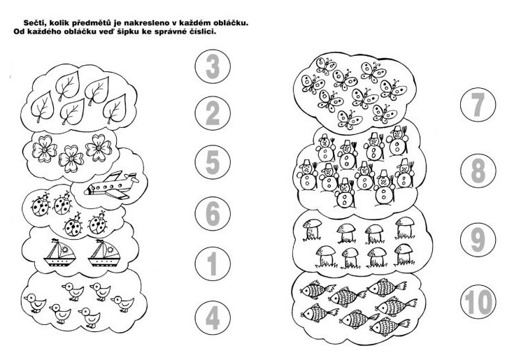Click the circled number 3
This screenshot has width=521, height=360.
[x=213, y=66]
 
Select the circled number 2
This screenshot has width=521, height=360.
[x=213, y=113]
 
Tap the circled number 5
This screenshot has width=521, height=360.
[x=213, y=162]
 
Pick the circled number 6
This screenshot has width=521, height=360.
[x=213, y=213]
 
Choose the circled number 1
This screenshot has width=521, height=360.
[x=213, y=264]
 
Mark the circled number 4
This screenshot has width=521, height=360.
[x=213, y=317]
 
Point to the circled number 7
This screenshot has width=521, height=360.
[x=478, y=105]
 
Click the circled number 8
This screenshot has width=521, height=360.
[x=478, y=171]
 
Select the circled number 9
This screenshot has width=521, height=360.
[x=478, y=240]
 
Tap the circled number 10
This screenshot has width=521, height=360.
[x=478, y=302]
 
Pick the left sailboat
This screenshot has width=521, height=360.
[x=60, y=252]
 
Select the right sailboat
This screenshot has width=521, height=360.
[x=104, y=252]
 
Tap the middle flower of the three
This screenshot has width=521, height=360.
[x=71, y=159]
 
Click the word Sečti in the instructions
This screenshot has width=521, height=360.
[x=34, y=23]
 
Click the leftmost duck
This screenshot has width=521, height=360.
[x=35, y=303]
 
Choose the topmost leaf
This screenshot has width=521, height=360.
[x=68, y=86]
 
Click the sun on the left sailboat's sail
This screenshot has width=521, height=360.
[x=64, y=250]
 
